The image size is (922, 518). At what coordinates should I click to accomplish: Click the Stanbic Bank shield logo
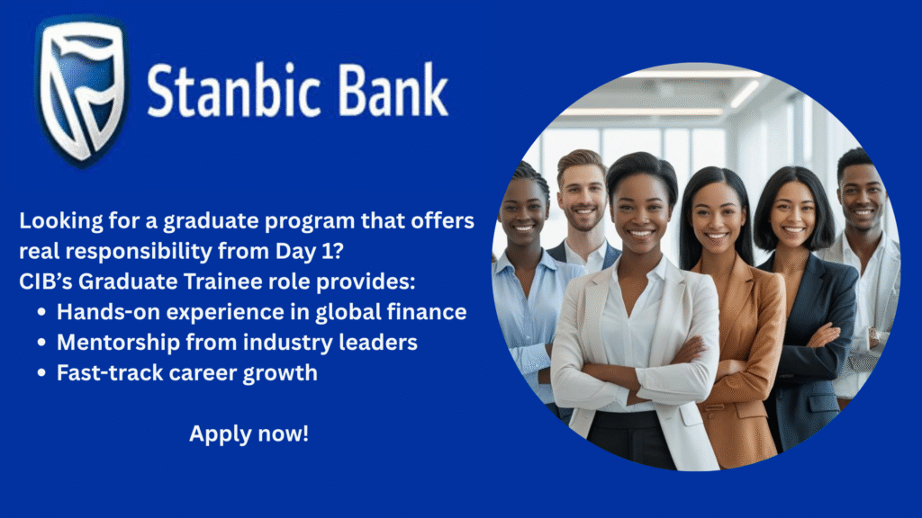81,91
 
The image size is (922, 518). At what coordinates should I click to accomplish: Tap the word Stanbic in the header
234,91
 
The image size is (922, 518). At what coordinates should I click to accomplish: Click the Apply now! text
249,433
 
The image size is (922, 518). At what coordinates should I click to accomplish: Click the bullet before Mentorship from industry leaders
41,343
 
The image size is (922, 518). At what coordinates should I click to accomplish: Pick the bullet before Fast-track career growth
41,373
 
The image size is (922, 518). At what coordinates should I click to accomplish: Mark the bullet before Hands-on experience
41,312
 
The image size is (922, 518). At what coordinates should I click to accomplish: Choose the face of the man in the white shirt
861,197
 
